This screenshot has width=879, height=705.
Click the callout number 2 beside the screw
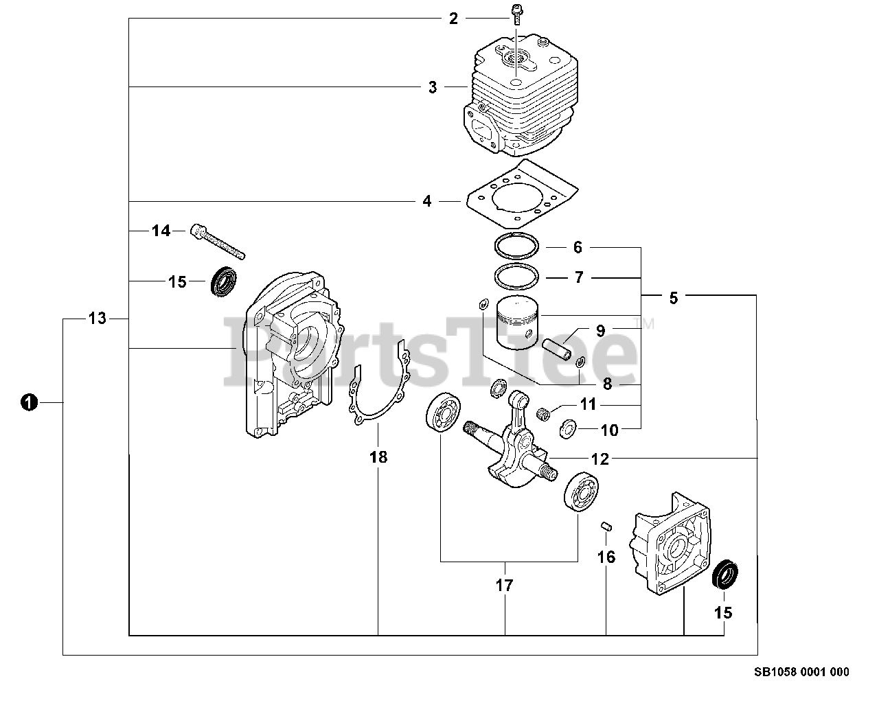pyautogui.click(x=453, y=18)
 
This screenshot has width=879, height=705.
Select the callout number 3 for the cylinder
pyautogui.click(x=433, y=87)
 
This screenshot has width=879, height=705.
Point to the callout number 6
pyautogui.click(x=578, y=246)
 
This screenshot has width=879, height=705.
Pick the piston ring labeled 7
pyautogui.click(x=516, y=277)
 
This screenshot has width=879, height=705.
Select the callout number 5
pyautogui.click(x=673, y=297)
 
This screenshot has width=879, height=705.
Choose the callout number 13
pyautogui.click(x=98, y=318)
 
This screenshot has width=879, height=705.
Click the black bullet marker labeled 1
pyautogui.click(x=28, y=402)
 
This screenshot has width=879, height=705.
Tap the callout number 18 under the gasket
pyautogui.click(x=378, y=456)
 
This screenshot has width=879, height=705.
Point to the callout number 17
pyautogui.click(x=505, y=586)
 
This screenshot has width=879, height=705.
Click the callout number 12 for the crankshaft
pyautogui.click(x=600, y=459)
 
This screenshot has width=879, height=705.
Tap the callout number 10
pyautogui.click(x=609, y=430)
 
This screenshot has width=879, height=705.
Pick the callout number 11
pyautogui.click(x=589, y=404)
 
